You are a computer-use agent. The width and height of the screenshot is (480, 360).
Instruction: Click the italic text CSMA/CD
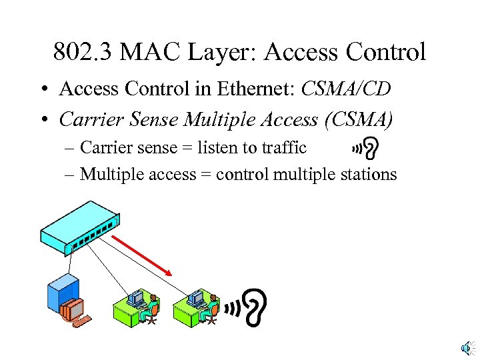345,89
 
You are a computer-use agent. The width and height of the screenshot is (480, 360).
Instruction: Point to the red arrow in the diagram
142,254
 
